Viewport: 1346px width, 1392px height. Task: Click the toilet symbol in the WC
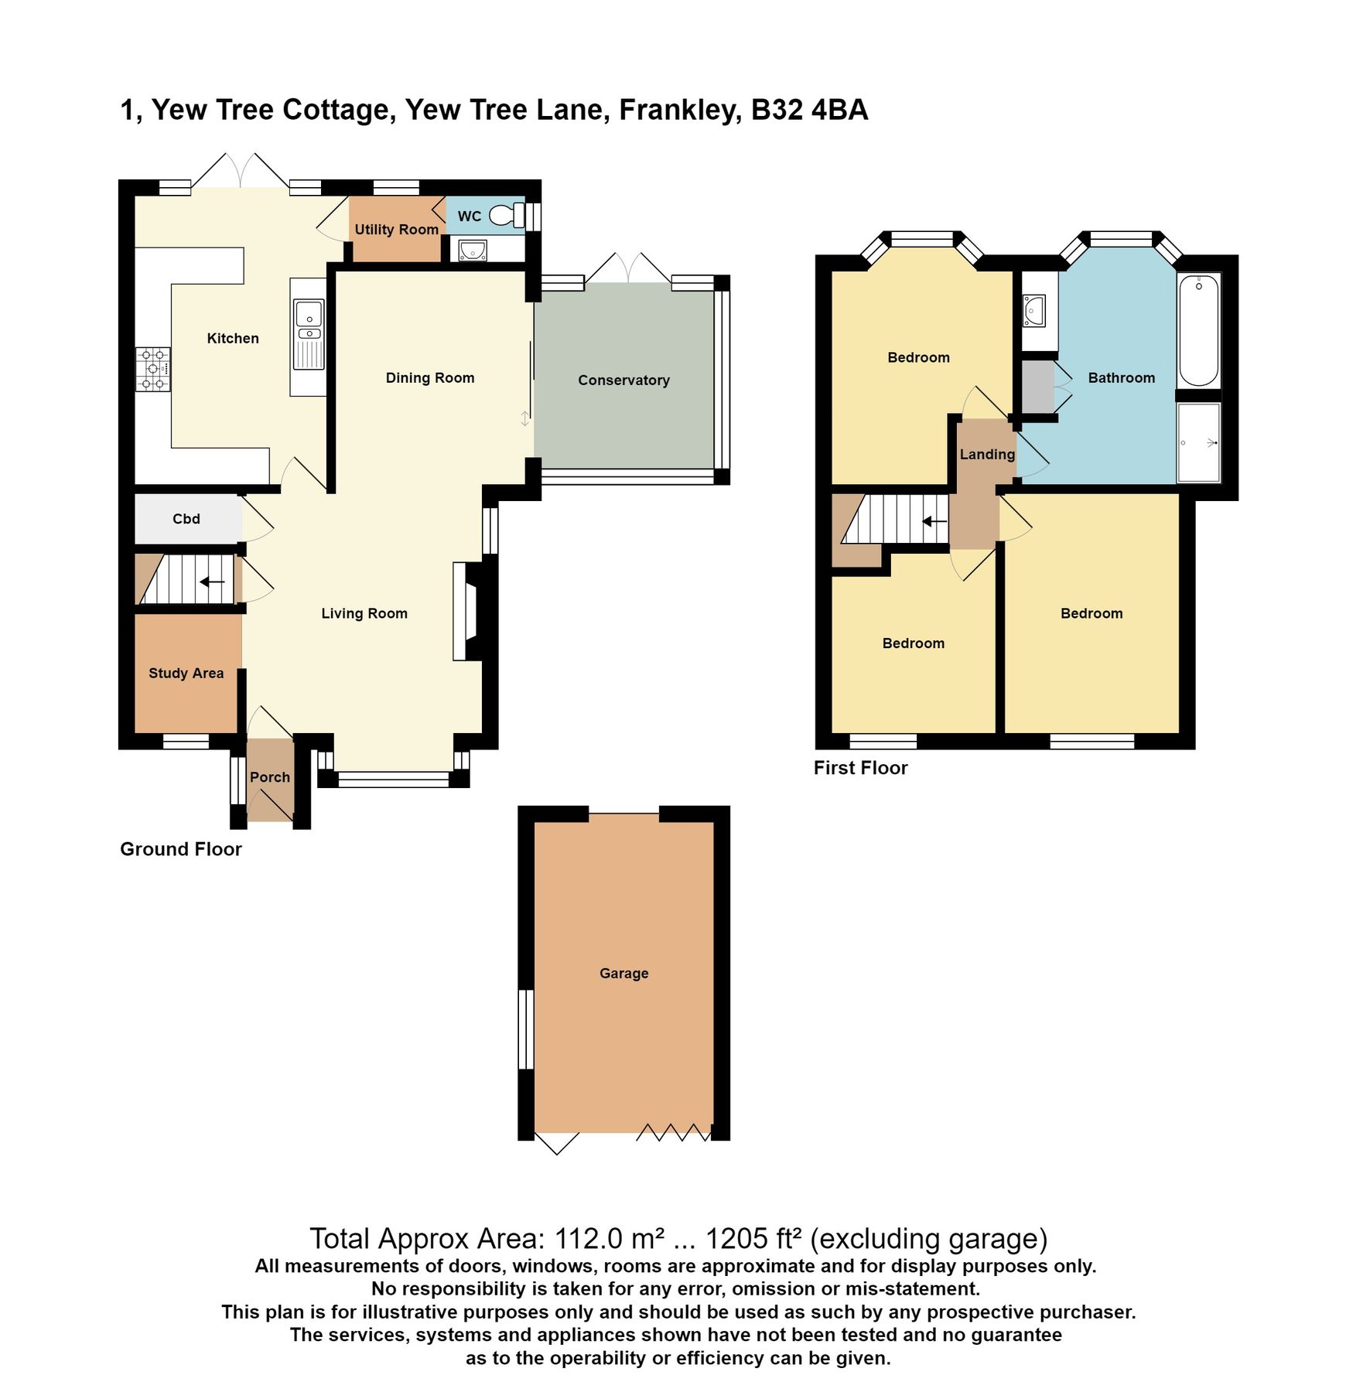pyautogui.click(x=507, y=214)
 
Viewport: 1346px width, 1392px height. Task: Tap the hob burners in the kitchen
pyautogui.click(x=153, y=370)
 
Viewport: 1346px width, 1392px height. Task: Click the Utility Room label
pyautogui.click(x=396, y=229)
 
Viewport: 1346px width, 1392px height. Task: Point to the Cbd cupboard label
pyautogui.click(x=186, y=519)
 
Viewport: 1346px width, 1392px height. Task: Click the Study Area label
pyautogui.click(x=186, y=673)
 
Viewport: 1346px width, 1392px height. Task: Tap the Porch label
pyautogui.click(x=269, y=777)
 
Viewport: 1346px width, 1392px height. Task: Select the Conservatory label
pyautogui.click(x=623, y=380)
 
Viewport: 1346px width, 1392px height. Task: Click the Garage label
pyautogui.click(x=623, y=973)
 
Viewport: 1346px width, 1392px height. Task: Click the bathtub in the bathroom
pyautogui.click(x=1198, y=330)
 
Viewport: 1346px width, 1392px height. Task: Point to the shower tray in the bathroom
pyautogui.click(x=1198, y=442)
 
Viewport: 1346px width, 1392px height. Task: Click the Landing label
pyautogui.click(x=987, y=454)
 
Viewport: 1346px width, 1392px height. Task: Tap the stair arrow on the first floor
pyautogui.click(x=934, y=521)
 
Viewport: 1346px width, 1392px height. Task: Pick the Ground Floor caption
pyautogui.click(x=181, y=849)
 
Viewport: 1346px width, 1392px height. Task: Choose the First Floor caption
pyautogui.click(x=860, y=768)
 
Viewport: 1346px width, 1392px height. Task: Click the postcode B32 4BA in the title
pyautogui.click(x=809, y=110)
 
